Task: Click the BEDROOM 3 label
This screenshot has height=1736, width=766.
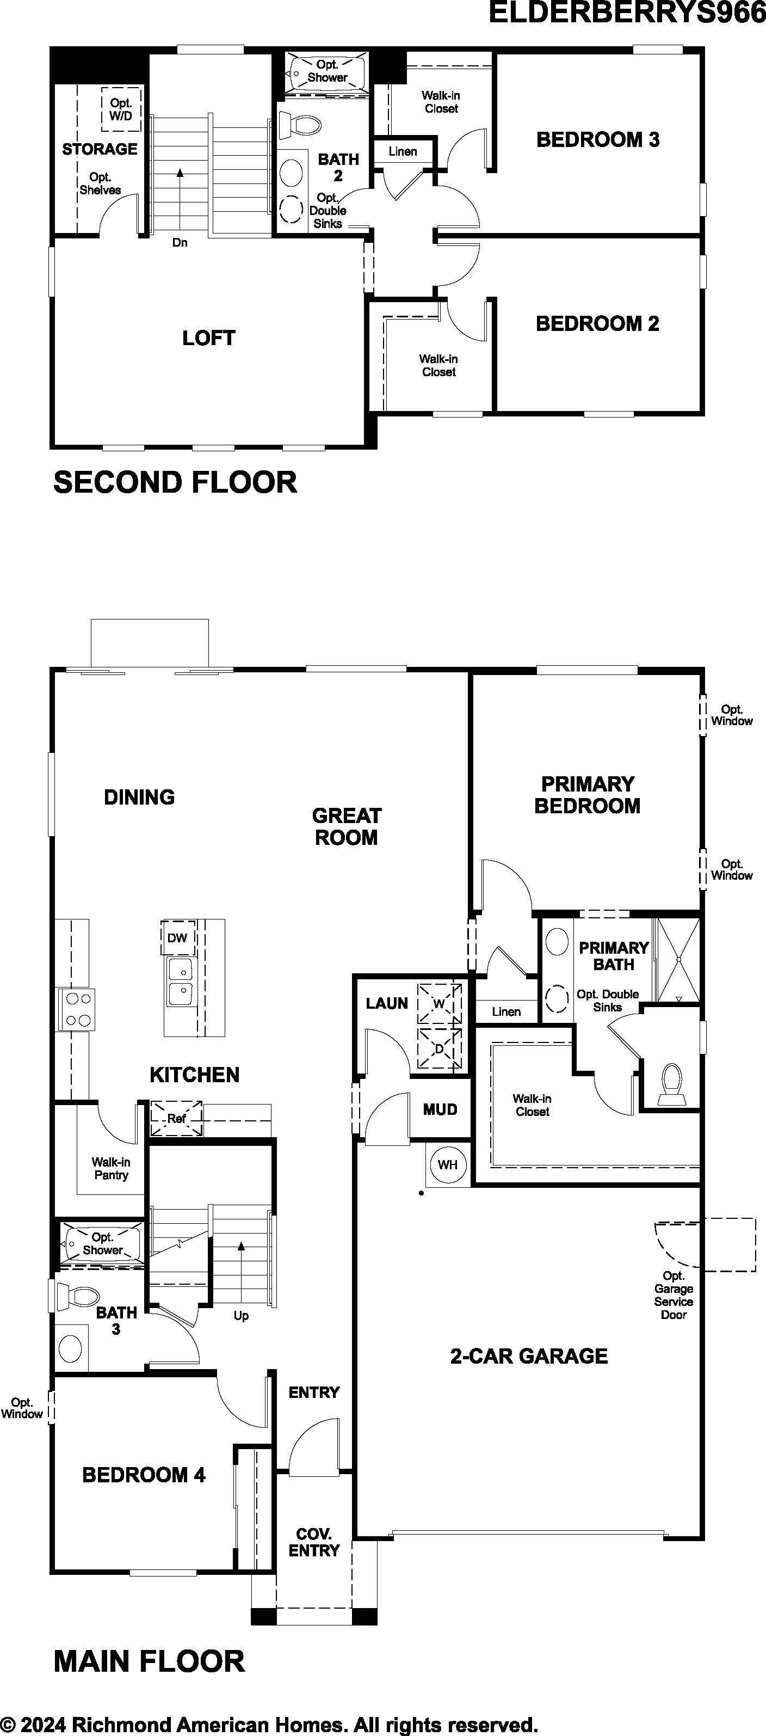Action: [597, 139]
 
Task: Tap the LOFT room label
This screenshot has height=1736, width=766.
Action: [209, 338]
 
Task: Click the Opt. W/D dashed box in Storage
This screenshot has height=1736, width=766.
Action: [121, 109]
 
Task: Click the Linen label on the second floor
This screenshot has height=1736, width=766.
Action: [403, 152]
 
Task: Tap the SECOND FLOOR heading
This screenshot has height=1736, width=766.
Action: [175, 482]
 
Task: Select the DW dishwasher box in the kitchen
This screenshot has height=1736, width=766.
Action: [178, 937]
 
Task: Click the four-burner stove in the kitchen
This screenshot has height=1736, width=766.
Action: [76, 1009]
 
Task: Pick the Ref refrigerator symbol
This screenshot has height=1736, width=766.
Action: [176, 1119]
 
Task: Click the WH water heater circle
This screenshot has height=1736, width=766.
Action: [447, 1164]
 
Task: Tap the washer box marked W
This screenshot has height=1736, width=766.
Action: [439, 1003]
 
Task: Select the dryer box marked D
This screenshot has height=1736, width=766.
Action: [439, 1048]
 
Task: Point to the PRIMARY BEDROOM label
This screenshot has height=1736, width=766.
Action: [588, 795]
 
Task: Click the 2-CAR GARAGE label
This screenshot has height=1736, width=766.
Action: [529, 1356]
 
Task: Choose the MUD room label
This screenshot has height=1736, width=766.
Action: [441, 1109]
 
